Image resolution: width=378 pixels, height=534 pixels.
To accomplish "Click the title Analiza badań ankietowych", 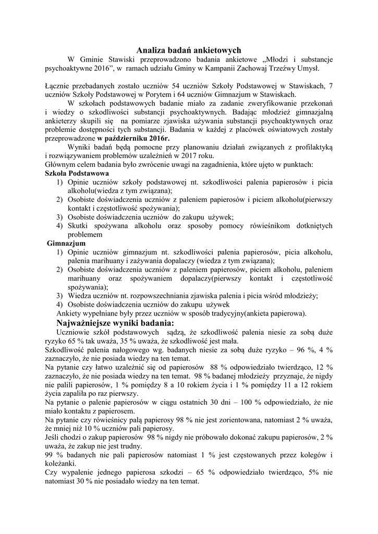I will coord(189,51).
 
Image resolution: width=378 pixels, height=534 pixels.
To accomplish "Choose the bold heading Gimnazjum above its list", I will coord(66,244).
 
